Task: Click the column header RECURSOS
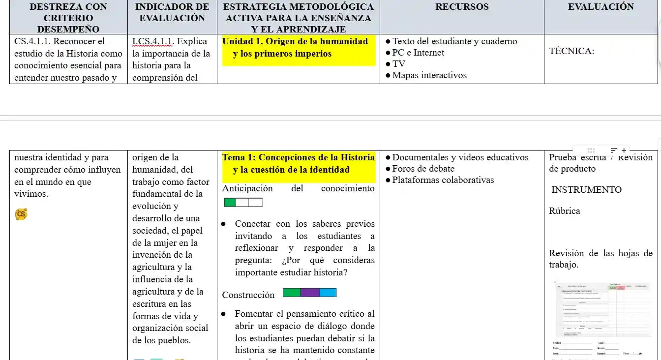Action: coord(462,7)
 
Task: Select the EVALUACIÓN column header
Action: coord(601,7)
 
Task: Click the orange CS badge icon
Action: coord(21,214)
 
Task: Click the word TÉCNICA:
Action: coord(571,51)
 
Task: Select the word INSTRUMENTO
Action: coord(586,190)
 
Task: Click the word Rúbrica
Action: coord(565,211)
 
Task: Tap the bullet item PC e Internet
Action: coord(418,53)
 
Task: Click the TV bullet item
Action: coord(399,64)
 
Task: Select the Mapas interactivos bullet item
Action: coord(429,75)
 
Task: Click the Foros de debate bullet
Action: coord(423,169)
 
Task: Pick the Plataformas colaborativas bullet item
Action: coord(443,180)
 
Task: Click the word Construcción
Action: coord(248,295)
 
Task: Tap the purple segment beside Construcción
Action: coord(310,293)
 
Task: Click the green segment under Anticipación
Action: coord(230,203)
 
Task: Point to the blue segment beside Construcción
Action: coord(328,293)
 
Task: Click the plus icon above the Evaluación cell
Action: coord(624,150)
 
